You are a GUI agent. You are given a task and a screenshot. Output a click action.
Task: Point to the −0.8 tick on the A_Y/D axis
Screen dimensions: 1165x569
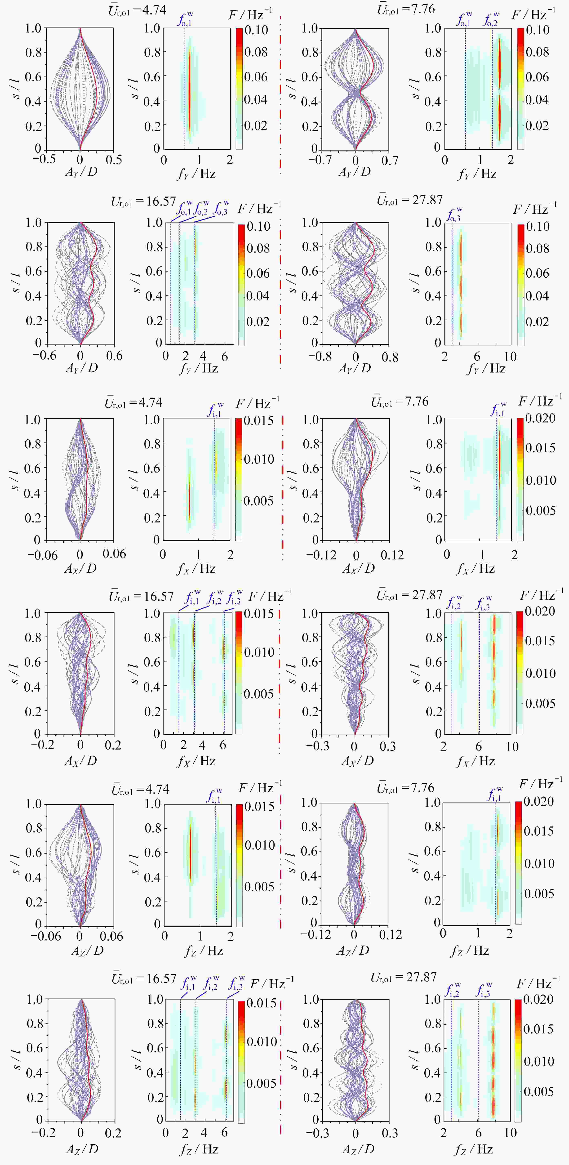[x=320, y=356]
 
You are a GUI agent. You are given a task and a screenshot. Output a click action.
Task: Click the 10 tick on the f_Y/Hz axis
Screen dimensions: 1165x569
[x=510, y=356]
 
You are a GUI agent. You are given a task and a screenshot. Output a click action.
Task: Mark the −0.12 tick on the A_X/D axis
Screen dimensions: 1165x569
[x=321, y=554]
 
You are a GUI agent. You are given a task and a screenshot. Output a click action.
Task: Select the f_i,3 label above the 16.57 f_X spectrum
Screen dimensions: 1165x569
[x=234, y=598]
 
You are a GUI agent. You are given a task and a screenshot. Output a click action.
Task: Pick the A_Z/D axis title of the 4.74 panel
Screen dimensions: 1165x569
[x=87, y=950]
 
